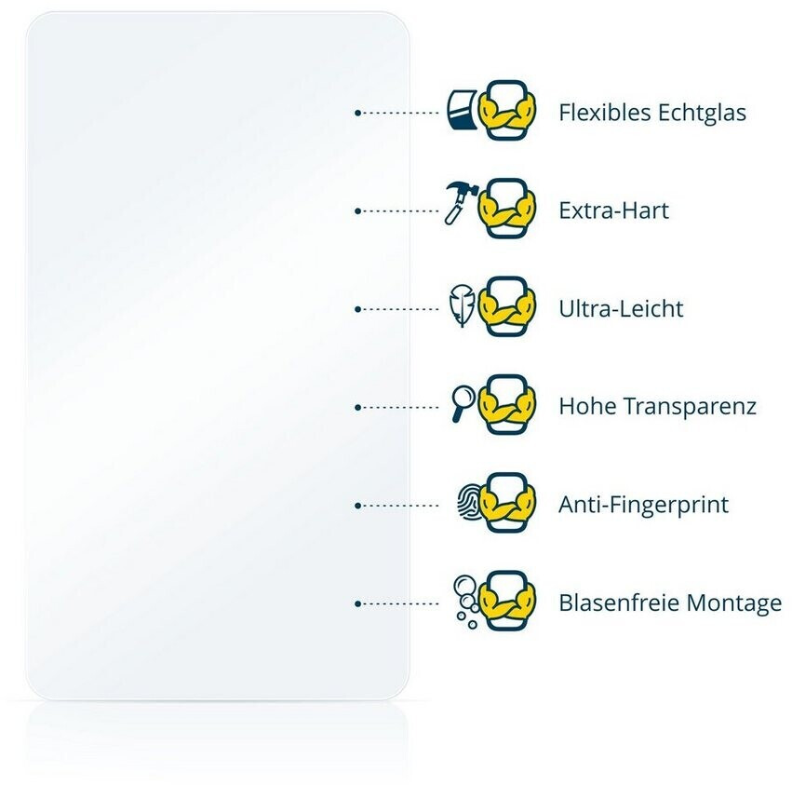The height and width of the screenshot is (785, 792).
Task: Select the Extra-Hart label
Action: pos(613,210)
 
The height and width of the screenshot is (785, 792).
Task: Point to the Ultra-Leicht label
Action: pos(621,308)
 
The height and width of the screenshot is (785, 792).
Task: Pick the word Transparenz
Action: pos(690,407)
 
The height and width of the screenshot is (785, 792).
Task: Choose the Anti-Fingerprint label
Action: pos(643,505)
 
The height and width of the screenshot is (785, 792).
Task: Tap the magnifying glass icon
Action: pos(462,403)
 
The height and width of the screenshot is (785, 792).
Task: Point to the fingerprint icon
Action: pos(468,504)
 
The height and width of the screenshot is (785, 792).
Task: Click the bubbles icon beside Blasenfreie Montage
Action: pos(464,598)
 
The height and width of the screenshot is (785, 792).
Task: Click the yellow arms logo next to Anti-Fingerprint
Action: pos(507,503)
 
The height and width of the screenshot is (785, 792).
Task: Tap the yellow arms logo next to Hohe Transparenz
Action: pos(507,405)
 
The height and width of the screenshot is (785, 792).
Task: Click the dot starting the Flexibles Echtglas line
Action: pos(357,113)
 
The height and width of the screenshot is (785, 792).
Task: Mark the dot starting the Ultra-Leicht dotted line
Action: pos(357,309)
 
